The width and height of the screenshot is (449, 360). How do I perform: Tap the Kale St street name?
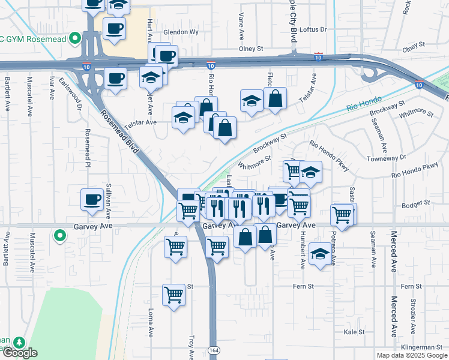click(x=354, y=332)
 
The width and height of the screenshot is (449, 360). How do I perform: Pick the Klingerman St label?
click(x=421, y=347)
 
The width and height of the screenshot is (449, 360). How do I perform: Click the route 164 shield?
click(x=214, y=349)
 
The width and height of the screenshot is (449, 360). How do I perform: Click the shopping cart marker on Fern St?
click(x=173, y=295)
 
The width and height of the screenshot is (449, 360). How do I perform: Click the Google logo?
click(x=19, y=353)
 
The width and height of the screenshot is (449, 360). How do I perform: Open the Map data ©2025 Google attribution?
click(x=411, y=355)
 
